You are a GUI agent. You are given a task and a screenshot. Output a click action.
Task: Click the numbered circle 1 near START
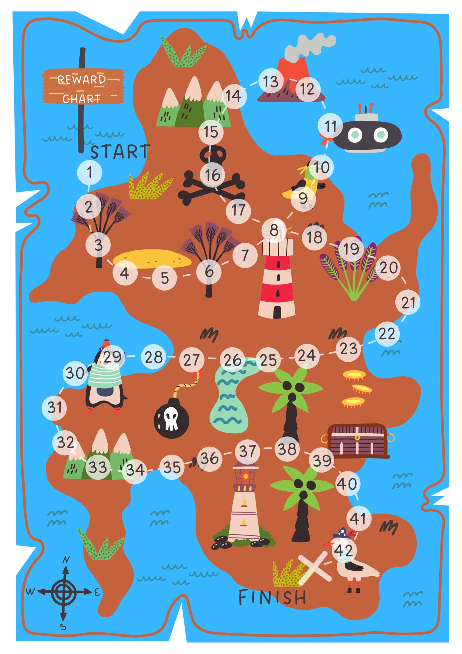click(90, 172)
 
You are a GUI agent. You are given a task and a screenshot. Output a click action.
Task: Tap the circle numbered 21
click(408, 303)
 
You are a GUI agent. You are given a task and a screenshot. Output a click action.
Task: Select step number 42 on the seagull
click(344, 550)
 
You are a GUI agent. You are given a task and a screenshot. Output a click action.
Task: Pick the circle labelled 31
click(54, 407)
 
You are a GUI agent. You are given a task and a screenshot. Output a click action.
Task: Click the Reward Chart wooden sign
click(83, 86)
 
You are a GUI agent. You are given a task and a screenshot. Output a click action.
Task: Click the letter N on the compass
click(67, 559)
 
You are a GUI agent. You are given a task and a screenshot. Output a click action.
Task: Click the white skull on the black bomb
click(171, 418)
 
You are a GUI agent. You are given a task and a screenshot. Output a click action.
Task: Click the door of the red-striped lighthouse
click(277, 312)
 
